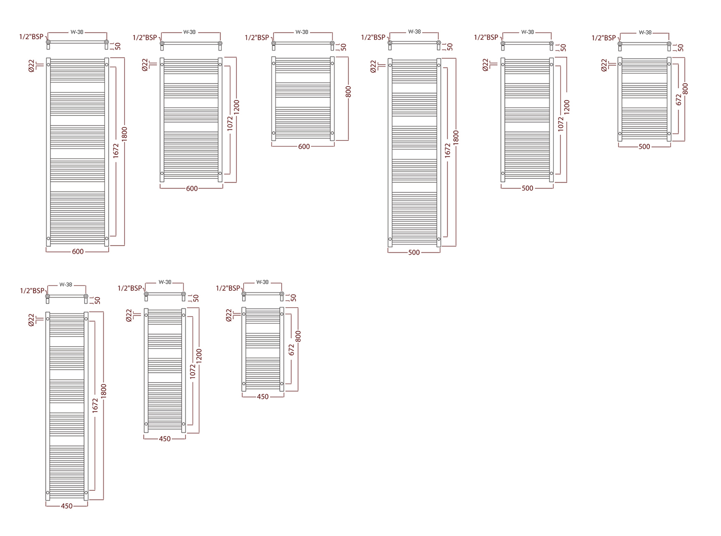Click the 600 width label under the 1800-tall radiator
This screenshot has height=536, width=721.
coord(78,251)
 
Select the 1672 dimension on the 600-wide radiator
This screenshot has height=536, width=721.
coord(116,150)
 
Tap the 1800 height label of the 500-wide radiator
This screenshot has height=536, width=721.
coord(456,137)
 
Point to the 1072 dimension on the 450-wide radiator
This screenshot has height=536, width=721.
coord(192,372)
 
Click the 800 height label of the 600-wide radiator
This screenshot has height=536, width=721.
coord(348,92)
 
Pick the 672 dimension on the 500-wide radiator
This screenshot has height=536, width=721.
coord(678,100)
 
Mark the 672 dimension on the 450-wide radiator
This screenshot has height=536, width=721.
coord(291,349)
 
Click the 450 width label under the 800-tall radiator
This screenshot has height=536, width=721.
coord(262,397)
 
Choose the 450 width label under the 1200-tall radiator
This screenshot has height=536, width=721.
coord(165,439)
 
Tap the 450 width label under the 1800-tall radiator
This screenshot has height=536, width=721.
coord(67,506)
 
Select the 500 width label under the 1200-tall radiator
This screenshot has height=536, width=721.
coord(527,188)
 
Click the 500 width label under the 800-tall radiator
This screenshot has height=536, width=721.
coord(644,147)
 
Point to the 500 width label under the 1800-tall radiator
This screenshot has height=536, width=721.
coord(414,252)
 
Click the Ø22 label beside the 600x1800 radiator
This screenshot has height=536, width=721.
coord(31,66)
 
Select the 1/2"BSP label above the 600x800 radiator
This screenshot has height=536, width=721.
coord(257,37)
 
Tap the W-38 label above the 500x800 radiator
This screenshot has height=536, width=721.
coord(645,33)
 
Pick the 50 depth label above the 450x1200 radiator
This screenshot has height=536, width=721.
coord(196,298)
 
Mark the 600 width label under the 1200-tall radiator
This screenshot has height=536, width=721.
coord(192,188)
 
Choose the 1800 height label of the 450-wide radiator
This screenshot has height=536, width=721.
coord(103,391)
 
